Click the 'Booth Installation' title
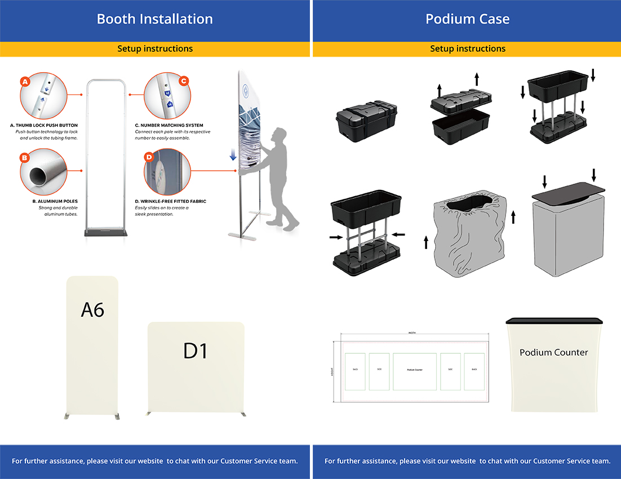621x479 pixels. pyautogui.click(x=154, y=19)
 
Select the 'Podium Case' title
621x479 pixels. pyautogui.click(x=467, y=19)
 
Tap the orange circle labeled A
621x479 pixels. pyautogui.click(x=24, y=82)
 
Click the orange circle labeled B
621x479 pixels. pyautogui.click(x=24, y=158)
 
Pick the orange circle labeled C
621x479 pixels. pyautogui.click(x=183, y=81)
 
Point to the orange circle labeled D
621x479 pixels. pyautogui.click(x=149, y=157)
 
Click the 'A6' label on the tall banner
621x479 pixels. pyautogui.click(x=92, y=309)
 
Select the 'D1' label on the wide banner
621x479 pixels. pyautogui.click(x=196, y=351)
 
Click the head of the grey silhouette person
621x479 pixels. pyautogui.click(x=276, y=136)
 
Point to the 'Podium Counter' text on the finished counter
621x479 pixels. pyautogui.click(x=553, y=353)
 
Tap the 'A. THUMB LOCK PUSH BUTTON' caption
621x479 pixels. pyautogui.click(x=44, y=125)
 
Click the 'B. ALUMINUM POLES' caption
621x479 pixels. pyautogui.click(x=55, y=201)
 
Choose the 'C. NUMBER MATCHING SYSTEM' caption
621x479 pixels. pyautogui.click(x=169, y=125)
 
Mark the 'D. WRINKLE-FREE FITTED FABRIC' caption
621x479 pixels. pyautogui.click(x=171, y=201)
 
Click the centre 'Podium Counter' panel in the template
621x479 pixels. pyautogui.click(x=415, y=371)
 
